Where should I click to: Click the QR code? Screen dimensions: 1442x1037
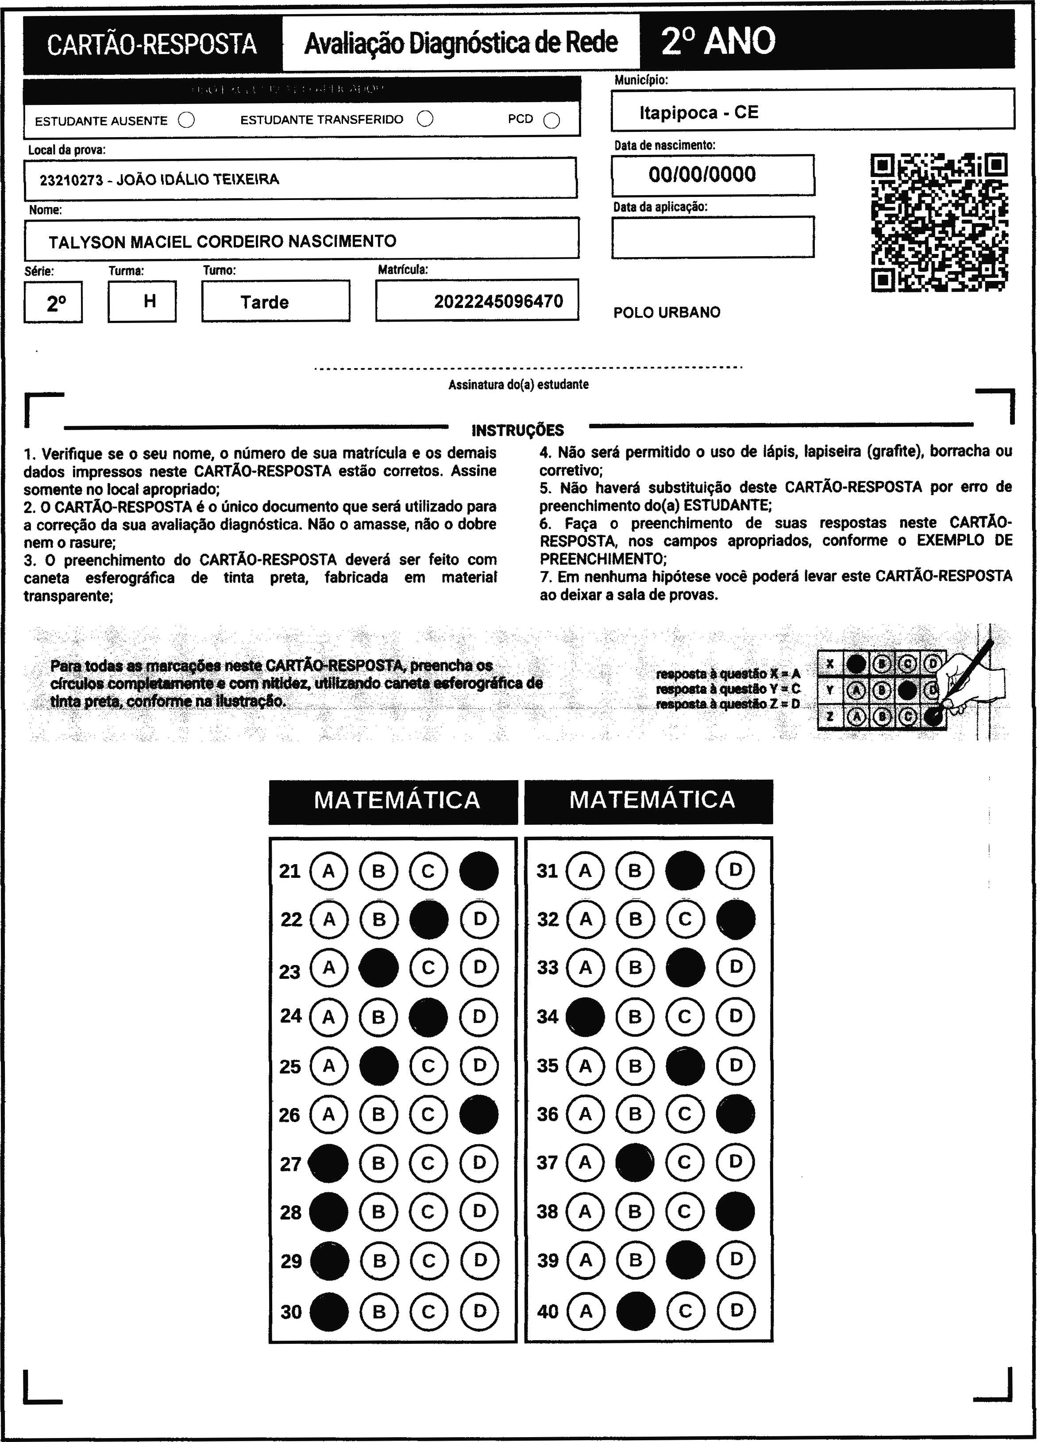938,222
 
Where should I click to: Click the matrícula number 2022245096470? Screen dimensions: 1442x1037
498,301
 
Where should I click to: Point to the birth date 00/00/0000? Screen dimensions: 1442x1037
702,174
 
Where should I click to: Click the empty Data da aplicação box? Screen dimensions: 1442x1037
712,237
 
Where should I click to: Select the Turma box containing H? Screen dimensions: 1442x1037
143,301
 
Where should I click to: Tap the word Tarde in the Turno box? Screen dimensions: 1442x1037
265,302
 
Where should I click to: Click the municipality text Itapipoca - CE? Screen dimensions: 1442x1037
699,112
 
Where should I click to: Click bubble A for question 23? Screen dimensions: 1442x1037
329,968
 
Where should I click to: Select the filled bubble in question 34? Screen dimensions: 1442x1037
585,1017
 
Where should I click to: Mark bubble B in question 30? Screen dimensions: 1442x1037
378,1311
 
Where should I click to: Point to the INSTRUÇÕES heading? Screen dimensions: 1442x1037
517,431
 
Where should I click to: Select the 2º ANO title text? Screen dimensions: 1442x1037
718,41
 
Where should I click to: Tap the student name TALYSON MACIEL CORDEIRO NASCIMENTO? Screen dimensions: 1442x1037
223,241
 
